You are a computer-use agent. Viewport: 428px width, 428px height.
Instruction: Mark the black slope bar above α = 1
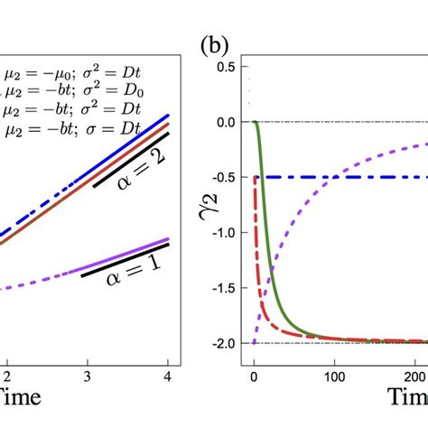pos(126,259)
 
